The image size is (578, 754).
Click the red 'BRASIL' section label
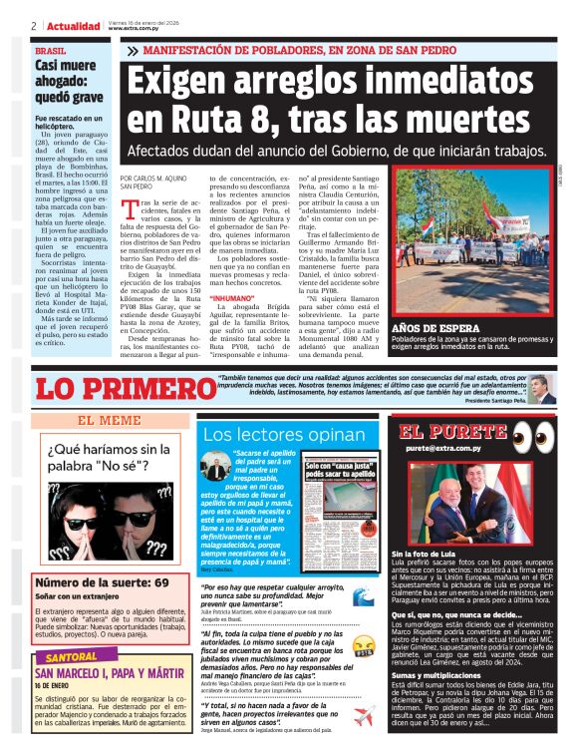click(51, 50)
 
